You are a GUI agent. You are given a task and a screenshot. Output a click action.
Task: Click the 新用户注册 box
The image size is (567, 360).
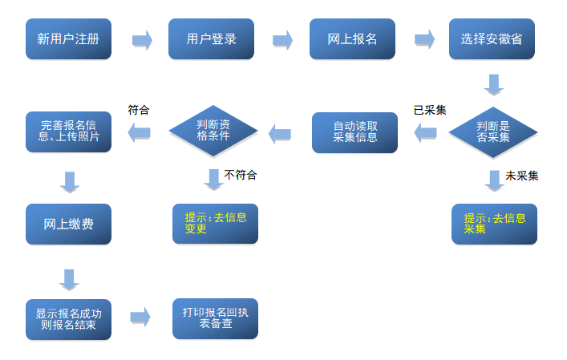(68, 39)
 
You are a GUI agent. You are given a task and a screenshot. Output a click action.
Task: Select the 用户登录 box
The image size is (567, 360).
(211, 39)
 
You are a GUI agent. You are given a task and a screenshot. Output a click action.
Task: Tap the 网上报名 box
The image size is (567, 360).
(352, 39)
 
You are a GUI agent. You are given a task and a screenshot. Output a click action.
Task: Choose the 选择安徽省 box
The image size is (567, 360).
(492, 39)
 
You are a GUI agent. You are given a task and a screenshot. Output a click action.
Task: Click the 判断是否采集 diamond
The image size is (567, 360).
(492, 131)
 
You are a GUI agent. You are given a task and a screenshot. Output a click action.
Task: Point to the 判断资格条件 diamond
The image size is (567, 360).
(213, 131)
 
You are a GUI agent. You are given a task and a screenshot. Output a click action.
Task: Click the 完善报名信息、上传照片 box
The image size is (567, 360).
(68, 131)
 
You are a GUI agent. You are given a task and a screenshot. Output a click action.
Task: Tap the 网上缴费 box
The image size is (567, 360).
(68, 224)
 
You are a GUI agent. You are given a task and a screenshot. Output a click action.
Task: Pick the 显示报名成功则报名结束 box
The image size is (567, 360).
(68, 319)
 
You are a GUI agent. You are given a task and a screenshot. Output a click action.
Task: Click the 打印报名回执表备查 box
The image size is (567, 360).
(215, 318)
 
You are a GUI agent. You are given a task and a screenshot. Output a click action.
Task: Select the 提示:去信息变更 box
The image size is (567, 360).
(215, 224)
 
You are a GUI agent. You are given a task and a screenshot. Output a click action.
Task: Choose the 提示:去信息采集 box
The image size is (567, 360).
(494, 224)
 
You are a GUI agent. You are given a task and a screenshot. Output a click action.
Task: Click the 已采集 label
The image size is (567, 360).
(430, 110)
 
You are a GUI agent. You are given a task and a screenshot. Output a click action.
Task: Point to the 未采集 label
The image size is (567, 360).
(521, 176)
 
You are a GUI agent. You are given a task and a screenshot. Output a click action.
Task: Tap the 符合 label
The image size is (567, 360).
(139, 110)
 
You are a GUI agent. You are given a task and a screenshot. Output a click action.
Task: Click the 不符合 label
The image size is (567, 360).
(241, 174)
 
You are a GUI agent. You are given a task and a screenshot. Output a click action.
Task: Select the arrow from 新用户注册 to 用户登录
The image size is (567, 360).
(142, 40)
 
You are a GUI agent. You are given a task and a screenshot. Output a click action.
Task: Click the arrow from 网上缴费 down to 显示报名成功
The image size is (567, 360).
(69, 279)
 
